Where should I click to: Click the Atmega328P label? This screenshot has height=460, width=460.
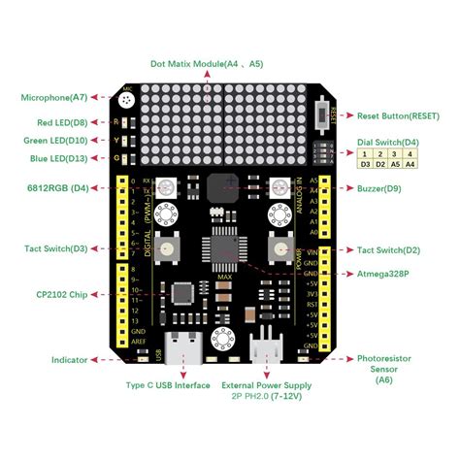click(x=384, y=275)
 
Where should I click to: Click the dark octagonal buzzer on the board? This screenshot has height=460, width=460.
click(x=222, y=187)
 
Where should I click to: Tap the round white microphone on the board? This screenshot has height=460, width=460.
click(x=128, y=102)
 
